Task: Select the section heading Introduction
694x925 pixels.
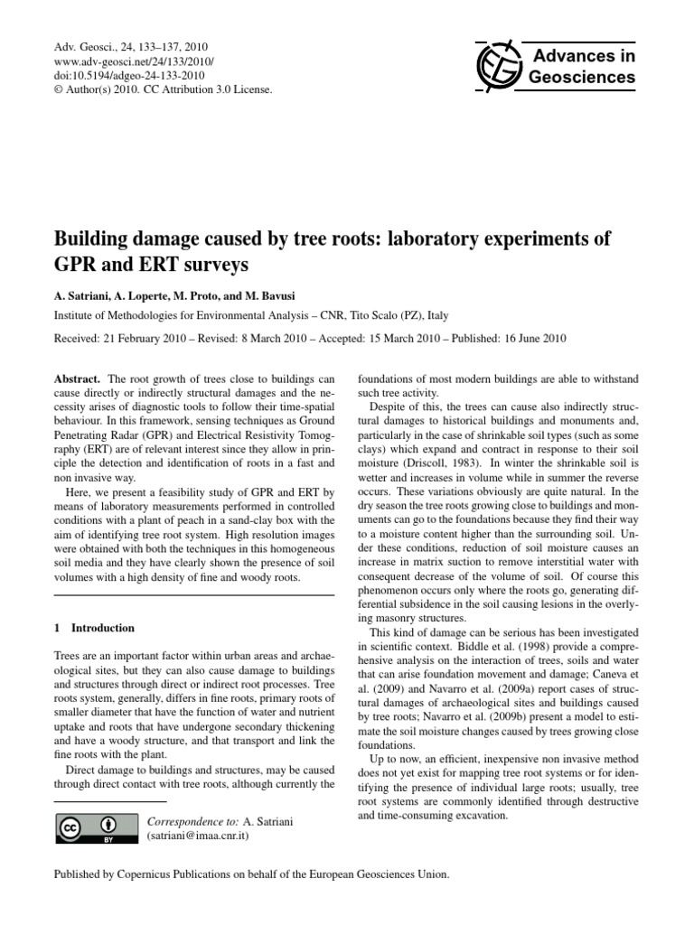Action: point(103,628)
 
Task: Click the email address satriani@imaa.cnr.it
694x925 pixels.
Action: point(197,836)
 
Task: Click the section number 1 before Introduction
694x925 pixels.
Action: point(58,628)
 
